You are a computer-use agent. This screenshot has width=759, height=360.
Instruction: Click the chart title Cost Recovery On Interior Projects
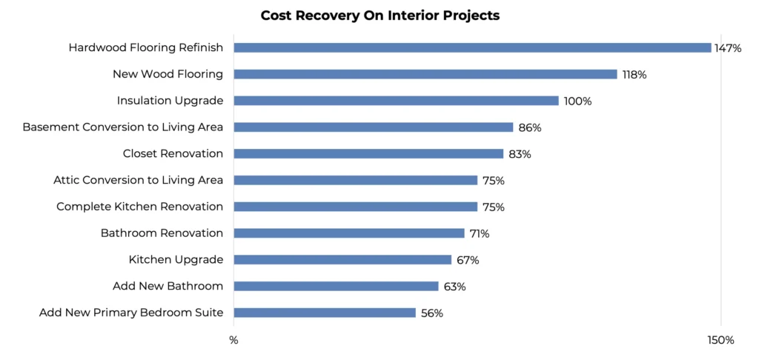(x=379, y=16)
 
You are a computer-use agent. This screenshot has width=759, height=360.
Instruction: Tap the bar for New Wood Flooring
(x=425, y=74)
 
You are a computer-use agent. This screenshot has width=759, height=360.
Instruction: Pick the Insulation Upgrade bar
(x=396, y=101)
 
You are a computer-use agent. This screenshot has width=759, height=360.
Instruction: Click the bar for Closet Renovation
(x=368, y=153)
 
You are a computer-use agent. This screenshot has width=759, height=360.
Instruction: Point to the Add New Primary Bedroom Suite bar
(x=325, y=313)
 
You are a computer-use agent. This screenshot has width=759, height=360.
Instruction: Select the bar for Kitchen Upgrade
(x=342, y=259)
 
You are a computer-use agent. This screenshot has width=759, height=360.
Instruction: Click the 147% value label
(x=728, y=48)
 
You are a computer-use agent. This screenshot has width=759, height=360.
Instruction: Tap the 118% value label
(x=634, y=75)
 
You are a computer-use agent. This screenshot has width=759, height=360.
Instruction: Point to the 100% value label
(x=577, y=101)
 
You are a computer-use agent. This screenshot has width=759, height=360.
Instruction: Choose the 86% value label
(x=530, y=127)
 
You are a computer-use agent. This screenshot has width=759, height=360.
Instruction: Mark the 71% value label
(x=480, y=234)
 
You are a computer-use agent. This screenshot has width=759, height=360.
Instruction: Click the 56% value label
(x=431, y=313)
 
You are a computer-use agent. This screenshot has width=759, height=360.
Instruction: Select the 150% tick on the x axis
(x=720, y=341)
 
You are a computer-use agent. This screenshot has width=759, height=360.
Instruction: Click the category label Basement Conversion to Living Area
(x=123, y=127)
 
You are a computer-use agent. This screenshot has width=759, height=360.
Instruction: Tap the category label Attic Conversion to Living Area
(x=139, y=180)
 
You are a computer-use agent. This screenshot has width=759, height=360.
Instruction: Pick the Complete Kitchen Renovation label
(x=140, y=207)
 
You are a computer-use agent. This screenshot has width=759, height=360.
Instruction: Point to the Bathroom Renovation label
(x=162, y=233)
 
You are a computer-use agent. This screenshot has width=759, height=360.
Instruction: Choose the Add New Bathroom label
(x=168, y=286)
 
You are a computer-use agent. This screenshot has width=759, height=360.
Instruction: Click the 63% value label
(x=454, y=287)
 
